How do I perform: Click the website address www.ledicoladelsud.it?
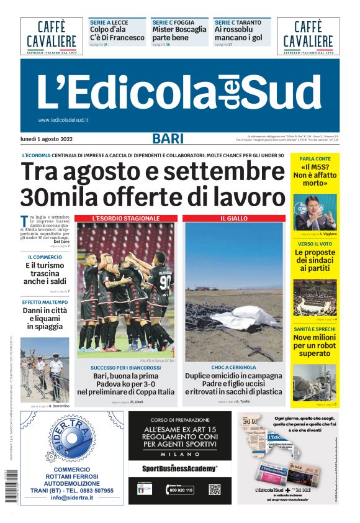tap(63, 120)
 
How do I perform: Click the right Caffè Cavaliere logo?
tap(308, 35)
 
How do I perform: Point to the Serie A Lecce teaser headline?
tap(117, 33)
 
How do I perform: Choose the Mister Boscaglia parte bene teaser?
tap(179, 33)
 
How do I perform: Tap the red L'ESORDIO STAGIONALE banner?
tap(126, 219)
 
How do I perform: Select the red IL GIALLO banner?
tap(233, 219)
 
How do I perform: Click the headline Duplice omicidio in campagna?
tap(233, 376)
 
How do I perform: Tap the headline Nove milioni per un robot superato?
tap(314, 345)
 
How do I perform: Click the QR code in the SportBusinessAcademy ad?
tap(215, 489)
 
